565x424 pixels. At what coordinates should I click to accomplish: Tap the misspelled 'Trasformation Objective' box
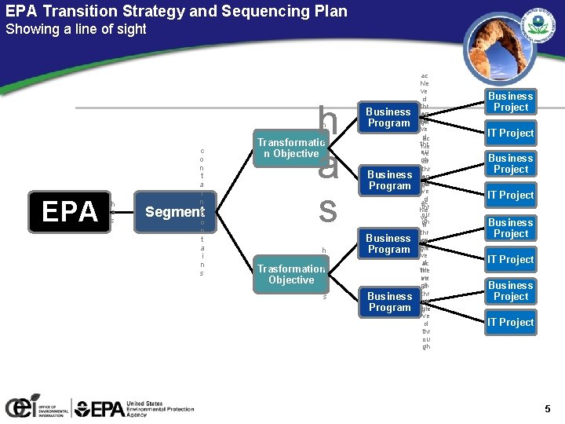click(291, 274)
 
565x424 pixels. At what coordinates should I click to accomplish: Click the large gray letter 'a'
click(328, 166)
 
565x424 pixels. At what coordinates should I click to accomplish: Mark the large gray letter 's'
click(327, 210)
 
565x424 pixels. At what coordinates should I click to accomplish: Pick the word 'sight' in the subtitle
click(129, 29)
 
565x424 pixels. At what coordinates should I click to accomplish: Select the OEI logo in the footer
click(35, 407)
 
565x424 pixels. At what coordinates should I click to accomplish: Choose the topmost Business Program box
click(389, 117)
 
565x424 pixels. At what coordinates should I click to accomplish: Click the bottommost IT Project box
click(511, 322)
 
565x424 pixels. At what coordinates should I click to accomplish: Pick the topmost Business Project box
click(511, 101)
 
